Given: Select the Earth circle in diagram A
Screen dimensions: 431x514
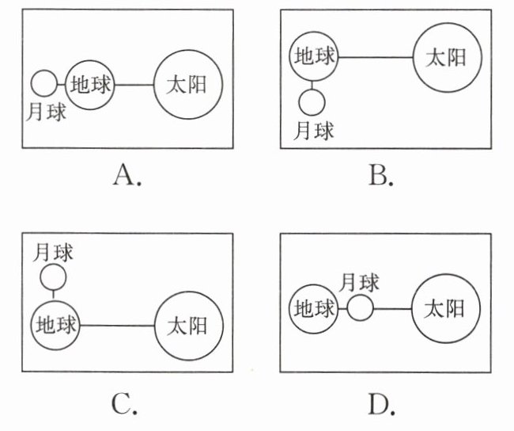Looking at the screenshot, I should pos(89,84).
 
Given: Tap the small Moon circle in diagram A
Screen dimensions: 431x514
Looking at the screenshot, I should pos(44,83).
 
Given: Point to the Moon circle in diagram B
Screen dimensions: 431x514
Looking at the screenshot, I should pos(313,101).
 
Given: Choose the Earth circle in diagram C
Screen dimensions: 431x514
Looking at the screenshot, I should pos(55,325).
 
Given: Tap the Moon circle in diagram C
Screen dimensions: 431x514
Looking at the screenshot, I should pos(54,277).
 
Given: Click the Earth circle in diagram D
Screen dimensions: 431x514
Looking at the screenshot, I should pos(314,308).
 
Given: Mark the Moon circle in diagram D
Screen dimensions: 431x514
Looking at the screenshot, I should pos(360,307).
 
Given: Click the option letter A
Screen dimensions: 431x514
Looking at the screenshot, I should pos(127,175).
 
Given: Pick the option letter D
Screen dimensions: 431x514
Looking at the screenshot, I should pos(381,405).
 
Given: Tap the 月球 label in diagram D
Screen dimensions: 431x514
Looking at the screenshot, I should pos(360,282).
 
